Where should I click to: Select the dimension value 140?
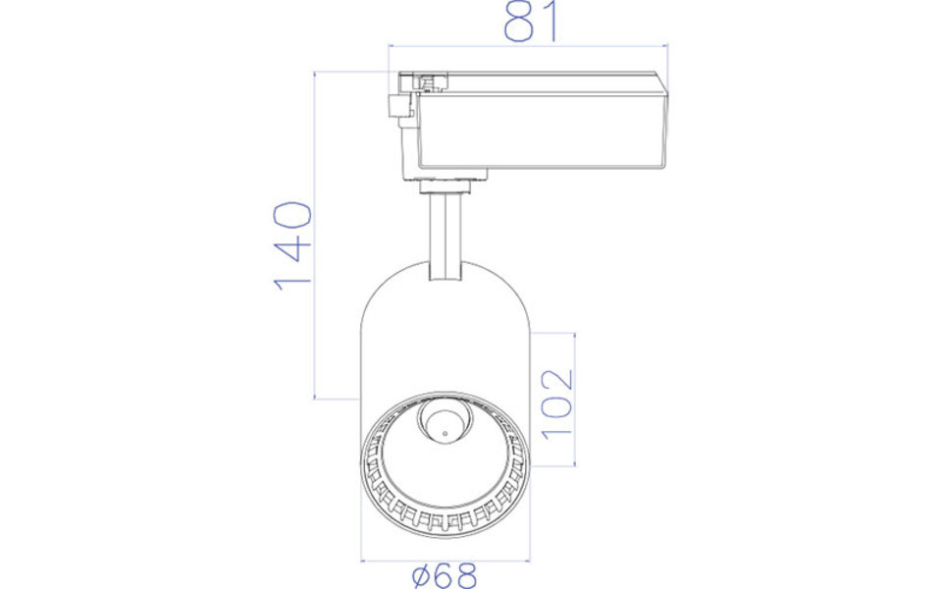(292, 244)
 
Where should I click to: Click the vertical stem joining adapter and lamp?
(446, 236)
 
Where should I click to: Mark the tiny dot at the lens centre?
(443, 430)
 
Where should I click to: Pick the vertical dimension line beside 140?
(315, 236)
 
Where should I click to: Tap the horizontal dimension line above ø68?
(445, 561)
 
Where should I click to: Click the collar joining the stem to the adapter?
(450, 181)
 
